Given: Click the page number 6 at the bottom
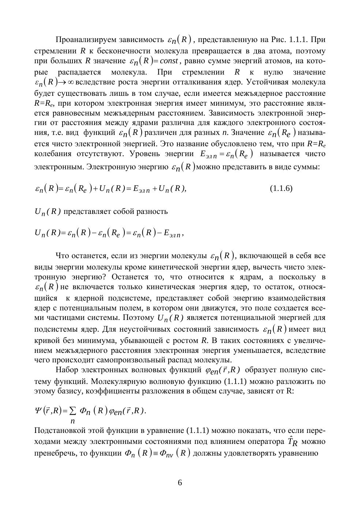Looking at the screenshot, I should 180,483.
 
